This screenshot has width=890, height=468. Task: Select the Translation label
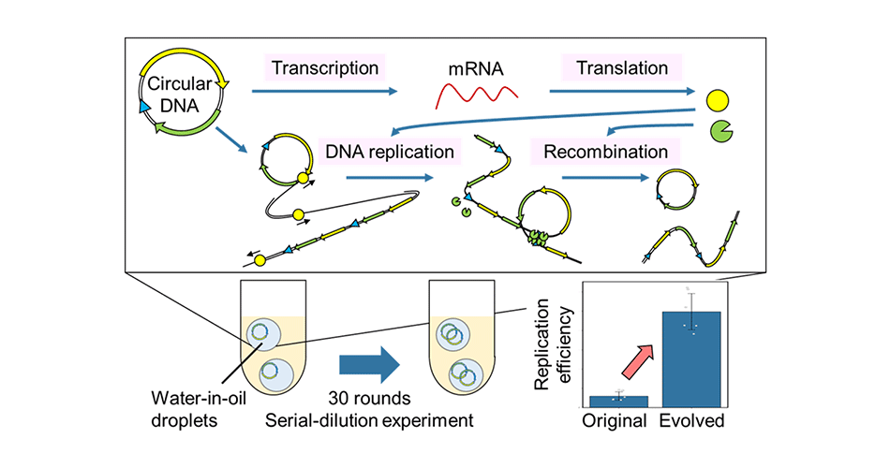click(622, 68)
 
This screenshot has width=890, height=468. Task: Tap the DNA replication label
click(389, 150)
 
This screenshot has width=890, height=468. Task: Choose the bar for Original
click(618, 401)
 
